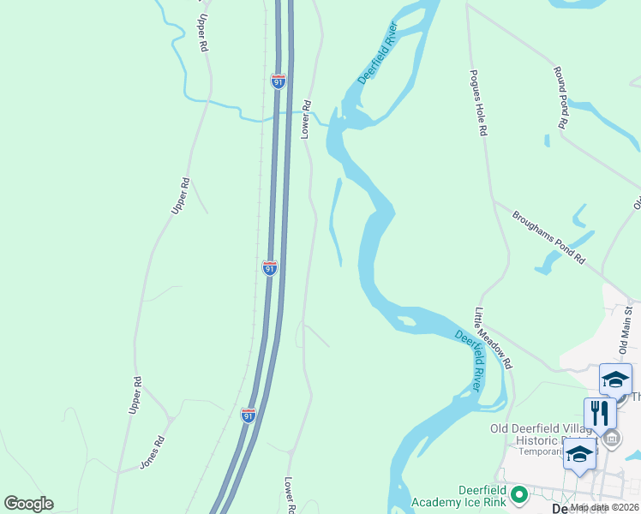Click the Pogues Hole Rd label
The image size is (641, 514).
(x=476, y=102)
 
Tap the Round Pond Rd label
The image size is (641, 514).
(x=561, y=97)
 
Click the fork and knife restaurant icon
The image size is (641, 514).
(x=600, y=413)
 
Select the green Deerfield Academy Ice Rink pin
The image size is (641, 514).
(x=518, y=494)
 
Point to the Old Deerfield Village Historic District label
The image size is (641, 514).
(x=540, y=434)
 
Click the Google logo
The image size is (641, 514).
(x=28, y=504)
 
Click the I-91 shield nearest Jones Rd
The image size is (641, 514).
(x=248, y=415)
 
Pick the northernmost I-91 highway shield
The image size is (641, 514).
(x=278, y=81)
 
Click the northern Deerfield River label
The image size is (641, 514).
(x=378, y=57)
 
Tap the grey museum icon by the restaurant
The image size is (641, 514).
(x=611, y=439)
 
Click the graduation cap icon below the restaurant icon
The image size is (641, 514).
(x=579, y=454)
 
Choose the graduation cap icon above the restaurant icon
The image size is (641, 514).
(x=615, y=379)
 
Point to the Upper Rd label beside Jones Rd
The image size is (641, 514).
(x=135, y=396)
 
